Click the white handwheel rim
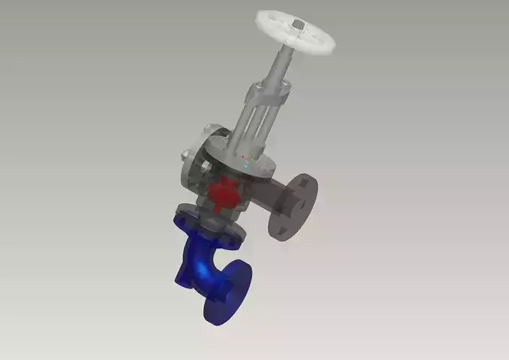(x=265, y=22)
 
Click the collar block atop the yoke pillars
(x=268, y=94)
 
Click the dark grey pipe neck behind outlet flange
(x=273, y=197)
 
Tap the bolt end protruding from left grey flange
(x=183, y=157)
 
